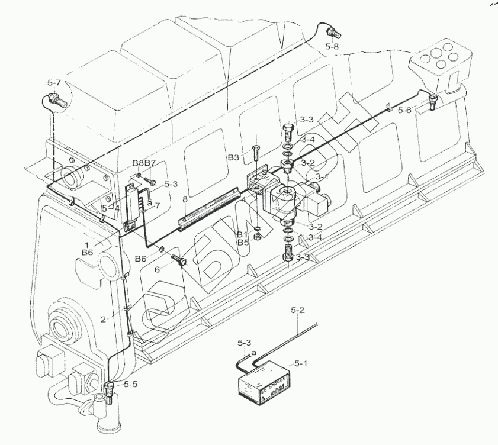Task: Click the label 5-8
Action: (x=332, y=46)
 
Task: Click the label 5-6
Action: (x=404, y=110)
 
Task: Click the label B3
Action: (x=233, y=158)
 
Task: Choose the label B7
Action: (x=150, y=163)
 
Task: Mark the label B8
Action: (x=137, y=163)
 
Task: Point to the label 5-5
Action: (x=130, y=384)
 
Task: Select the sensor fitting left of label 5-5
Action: (x=110, y=391)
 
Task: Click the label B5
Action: (x=243, y=242)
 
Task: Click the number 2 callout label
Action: (x=103, y=319)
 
